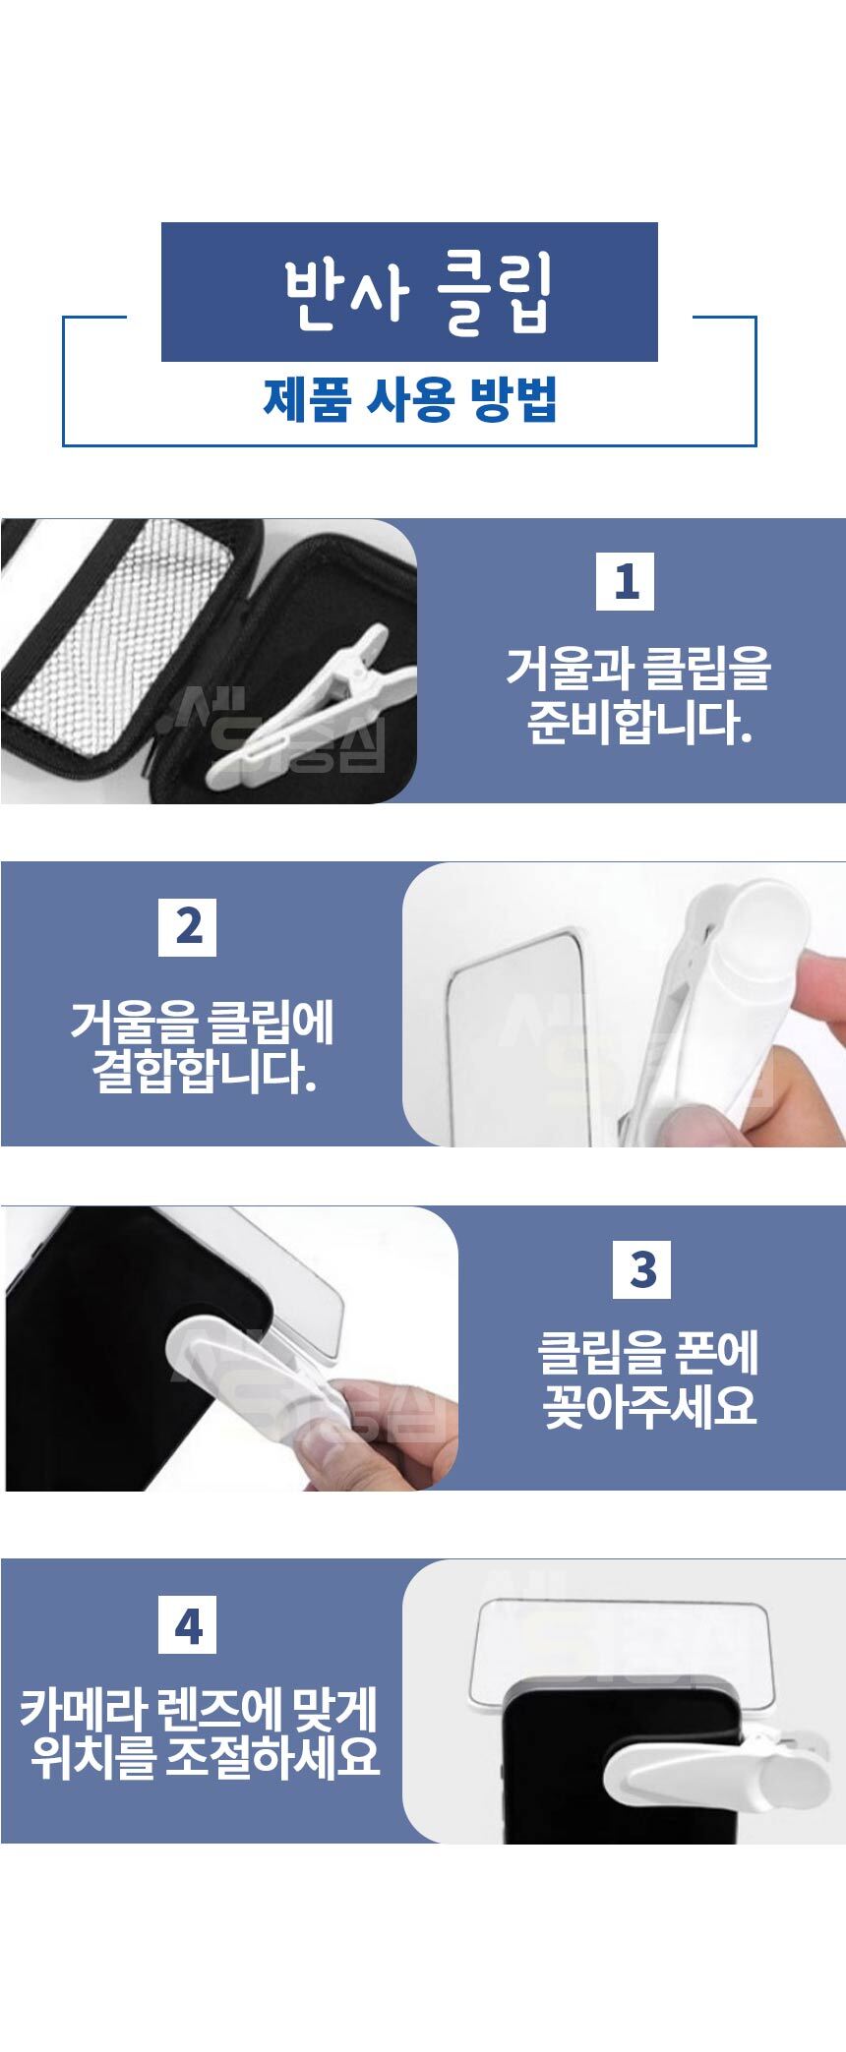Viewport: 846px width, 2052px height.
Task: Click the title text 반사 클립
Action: (x=419, y=293)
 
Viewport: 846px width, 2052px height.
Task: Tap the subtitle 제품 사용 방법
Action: (x=410, y=400)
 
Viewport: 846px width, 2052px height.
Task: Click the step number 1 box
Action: (x=626, y=581)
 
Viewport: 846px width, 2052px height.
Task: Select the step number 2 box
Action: (x=187, y=926)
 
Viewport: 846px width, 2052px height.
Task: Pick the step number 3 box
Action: (x=642, y=1269)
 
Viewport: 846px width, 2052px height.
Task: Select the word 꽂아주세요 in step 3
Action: (x=650, y=1405)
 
